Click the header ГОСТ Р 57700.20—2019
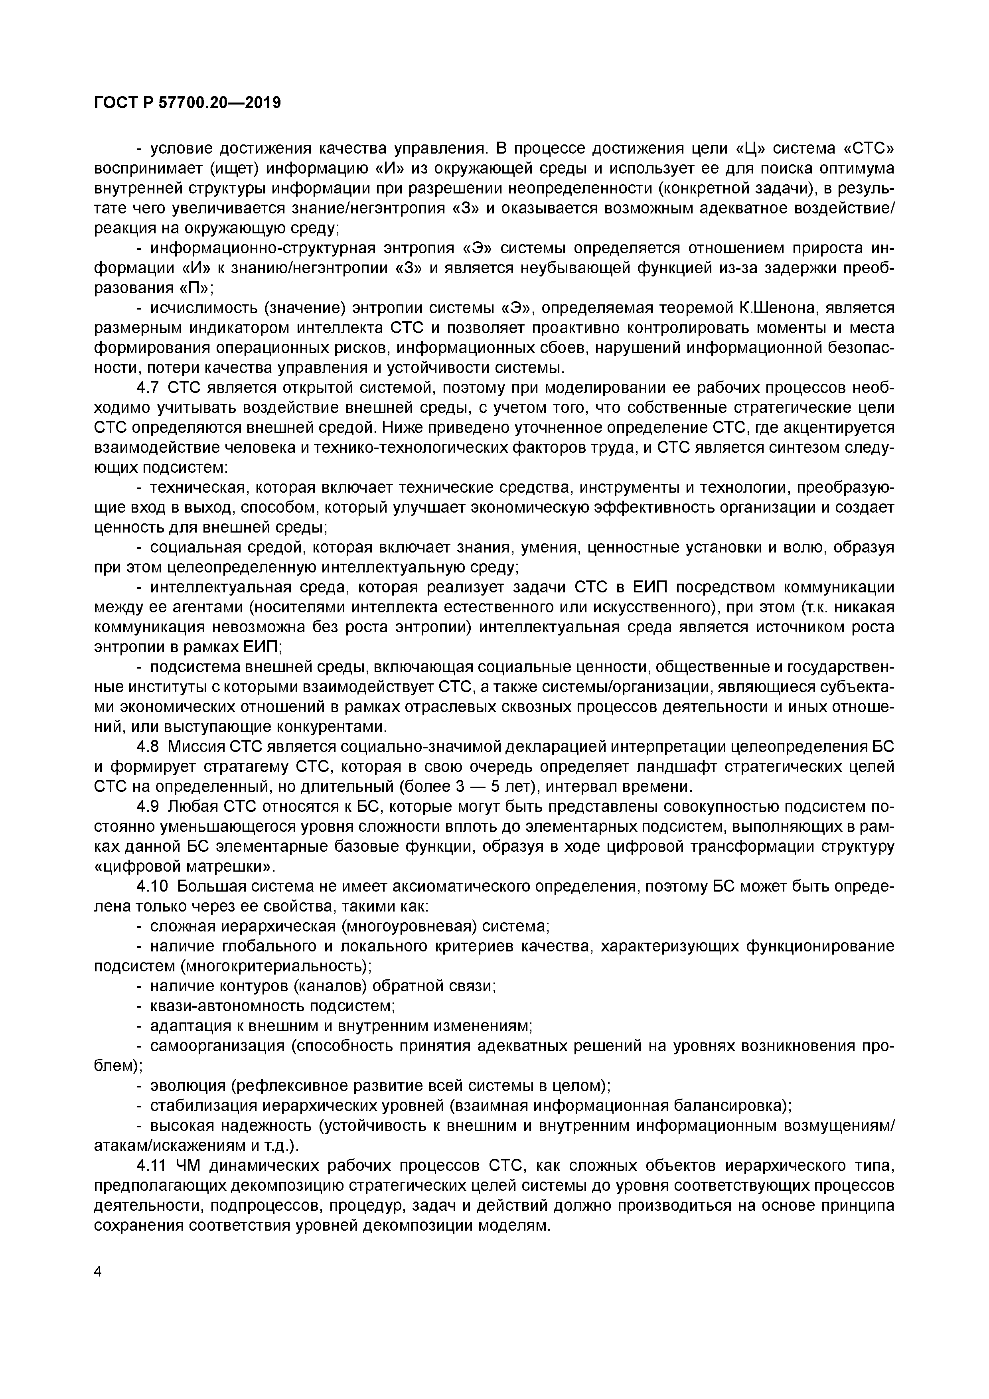[188, 103]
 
